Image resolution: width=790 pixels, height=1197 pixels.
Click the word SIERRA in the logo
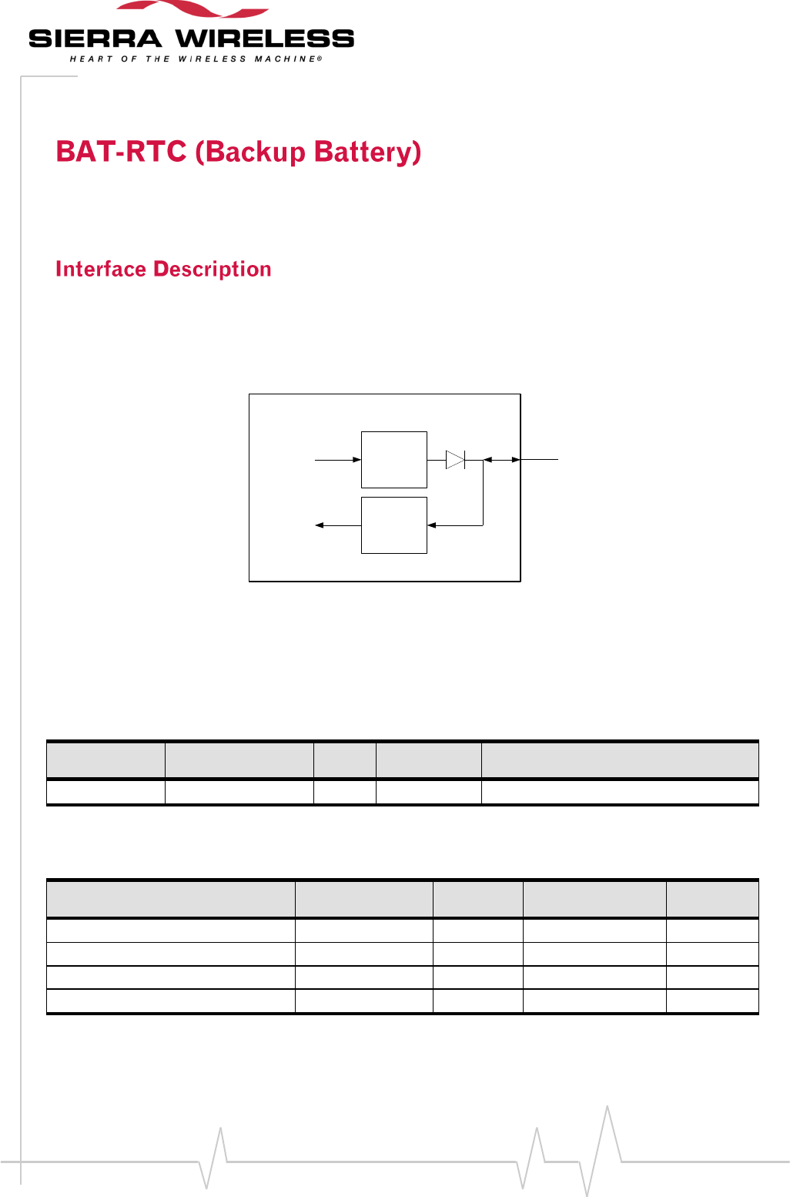[95, 39]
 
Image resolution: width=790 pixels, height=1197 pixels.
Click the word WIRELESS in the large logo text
[265, 39]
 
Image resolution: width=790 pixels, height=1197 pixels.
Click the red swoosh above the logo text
[192, 9]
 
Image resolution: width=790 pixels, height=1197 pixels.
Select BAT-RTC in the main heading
[121, 152]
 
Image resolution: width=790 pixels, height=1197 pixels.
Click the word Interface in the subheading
[101, 269]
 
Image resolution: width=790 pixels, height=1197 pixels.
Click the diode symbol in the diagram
[456, 460]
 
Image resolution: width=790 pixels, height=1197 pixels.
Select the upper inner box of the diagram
[394, 460]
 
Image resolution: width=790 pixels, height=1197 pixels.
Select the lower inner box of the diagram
[394, 525]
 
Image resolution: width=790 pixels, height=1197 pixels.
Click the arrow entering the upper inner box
[338, 460]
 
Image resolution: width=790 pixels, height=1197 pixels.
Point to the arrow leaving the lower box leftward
[338, 525]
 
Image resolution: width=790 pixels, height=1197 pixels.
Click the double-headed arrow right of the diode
[502, 460]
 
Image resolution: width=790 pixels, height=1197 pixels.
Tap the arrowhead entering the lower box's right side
[432, 525]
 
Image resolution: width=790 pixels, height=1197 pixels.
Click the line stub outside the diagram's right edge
[540, 459]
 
